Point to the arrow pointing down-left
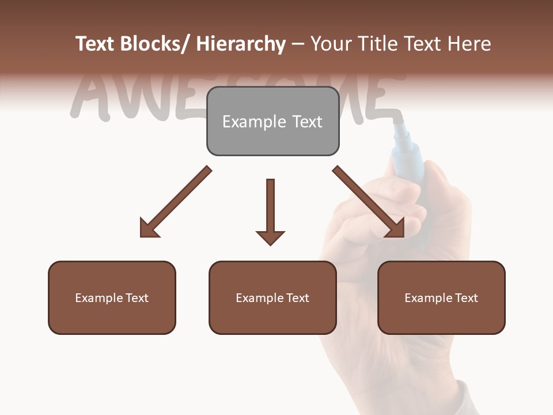(176, 202)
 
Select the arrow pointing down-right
(369, 202)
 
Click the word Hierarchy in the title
(241, 44)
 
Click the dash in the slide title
(297, 44)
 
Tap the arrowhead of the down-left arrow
(149, 228)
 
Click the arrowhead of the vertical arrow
(270, 237)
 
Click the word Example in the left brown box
(99, 298)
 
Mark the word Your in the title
(328, 44)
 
